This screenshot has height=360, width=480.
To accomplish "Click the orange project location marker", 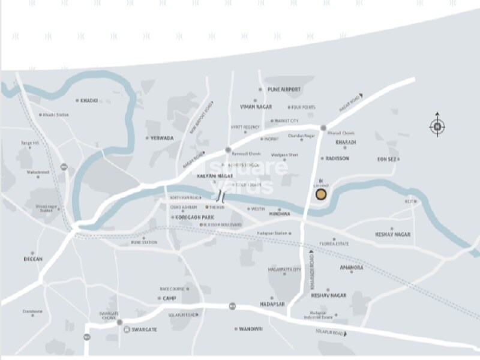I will point(322,194).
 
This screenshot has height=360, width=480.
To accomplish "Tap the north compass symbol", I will point(437,126).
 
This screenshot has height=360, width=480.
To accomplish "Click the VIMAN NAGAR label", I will point(256,107).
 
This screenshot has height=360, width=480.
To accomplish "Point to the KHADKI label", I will point(88,101).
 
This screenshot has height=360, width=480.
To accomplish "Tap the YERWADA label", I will point(162,138).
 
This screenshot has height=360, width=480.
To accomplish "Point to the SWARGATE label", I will point(145,330).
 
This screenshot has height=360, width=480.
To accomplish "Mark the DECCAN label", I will point(34,259).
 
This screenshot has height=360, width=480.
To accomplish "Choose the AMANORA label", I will point(352,268).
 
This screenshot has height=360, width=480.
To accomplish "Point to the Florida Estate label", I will point(335,244).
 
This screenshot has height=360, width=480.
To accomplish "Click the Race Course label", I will point(172,289).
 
